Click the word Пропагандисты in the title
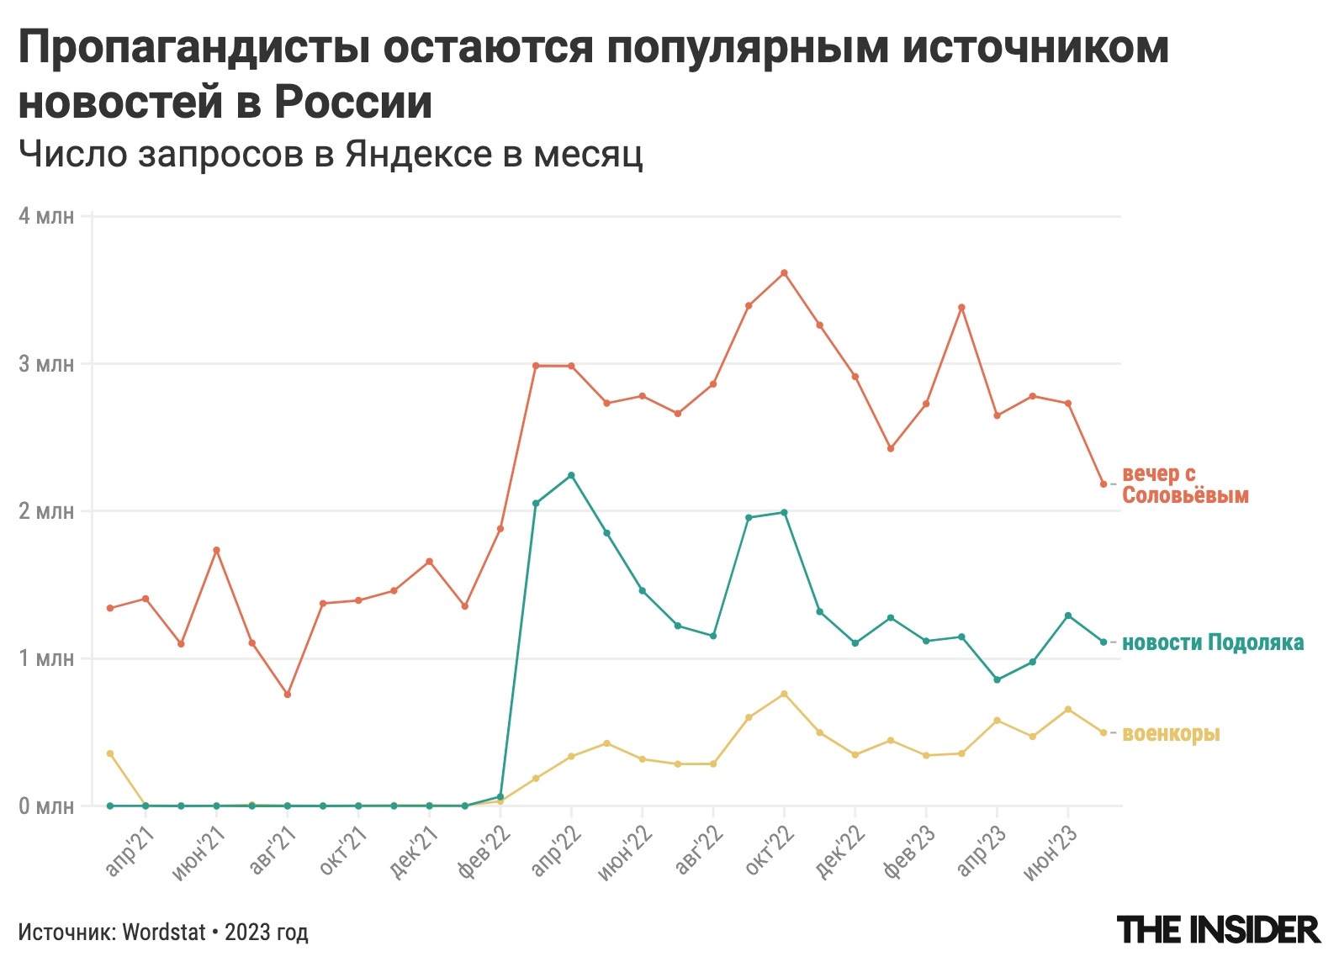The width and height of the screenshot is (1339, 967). tap(193, 49)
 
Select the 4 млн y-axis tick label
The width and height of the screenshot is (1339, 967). tap(46, 216)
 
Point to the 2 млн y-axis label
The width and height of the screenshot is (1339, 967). tap(46, 511)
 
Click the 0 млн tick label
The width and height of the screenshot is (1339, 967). tap(46, 806)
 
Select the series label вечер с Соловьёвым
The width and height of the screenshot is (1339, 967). tap(1184, 484)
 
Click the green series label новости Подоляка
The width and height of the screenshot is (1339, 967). tap(1213, 642)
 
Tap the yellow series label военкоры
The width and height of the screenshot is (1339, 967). tap(1171, 733)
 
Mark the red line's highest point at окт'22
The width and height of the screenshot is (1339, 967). tap(784, 272)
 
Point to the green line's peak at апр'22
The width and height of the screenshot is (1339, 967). tap(571, 475)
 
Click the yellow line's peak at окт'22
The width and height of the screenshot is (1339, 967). tap(784, 694)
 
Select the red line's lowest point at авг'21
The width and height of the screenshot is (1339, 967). tap(288, 695)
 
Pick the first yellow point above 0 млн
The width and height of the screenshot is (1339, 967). tap(110, 753)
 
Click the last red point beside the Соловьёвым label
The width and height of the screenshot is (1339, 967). tap(1103, 484)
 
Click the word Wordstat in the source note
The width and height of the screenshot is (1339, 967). tap(164, 933)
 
